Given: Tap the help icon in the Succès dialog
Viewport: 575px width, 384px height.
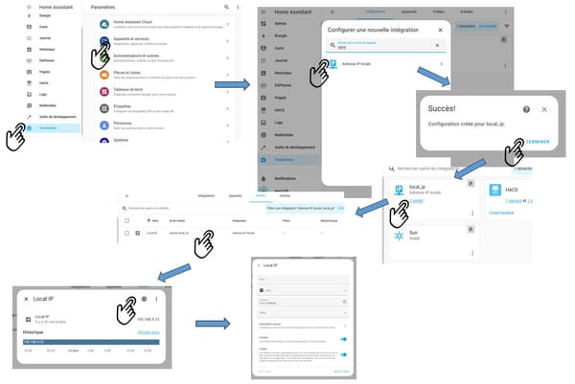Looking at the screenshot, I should coord(525,109).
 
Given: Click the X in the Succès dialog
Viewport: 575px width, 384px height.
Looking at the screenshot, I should coord(544,109).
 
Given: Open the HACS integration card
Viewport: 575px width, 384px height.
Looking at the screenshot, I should coord(517,196).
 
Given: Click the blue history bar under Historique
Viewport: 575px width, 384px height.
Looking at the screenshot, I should coord(90,341).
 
